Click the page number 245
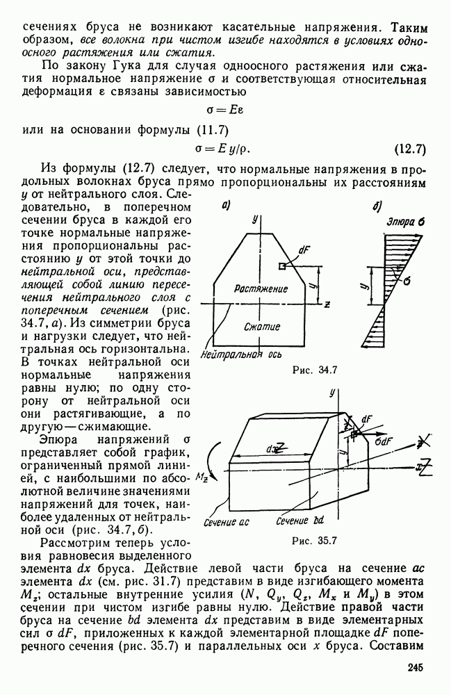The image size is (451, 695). (x=412, y=667)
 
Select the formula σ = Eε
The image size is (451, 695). (x=225, y=109)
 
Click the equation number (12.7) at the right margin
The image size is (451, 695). (x=409, y=148)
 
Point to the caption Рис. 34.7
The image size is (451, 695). (x=315, y=369)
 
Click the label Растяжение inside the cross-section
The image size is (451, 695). (x=261, y=288)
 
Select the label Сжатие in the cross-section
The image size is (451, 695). (x=262, y=326)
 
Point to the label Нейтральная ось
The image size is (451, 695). (x=240, y=355)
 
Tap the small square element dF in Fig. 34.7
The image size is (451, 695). (x=281, y=266)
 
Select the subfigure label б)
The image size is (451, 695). (x=376, y=205)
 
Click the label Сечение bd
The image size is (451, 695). (x=300, y=521)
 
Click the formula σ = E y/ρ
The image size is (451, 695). (x=225, y=148)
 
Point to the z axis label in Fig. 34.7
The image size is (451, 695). (x=326, y=304)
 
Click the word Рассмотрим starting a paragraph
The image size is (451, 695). (x=76, y=543)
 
